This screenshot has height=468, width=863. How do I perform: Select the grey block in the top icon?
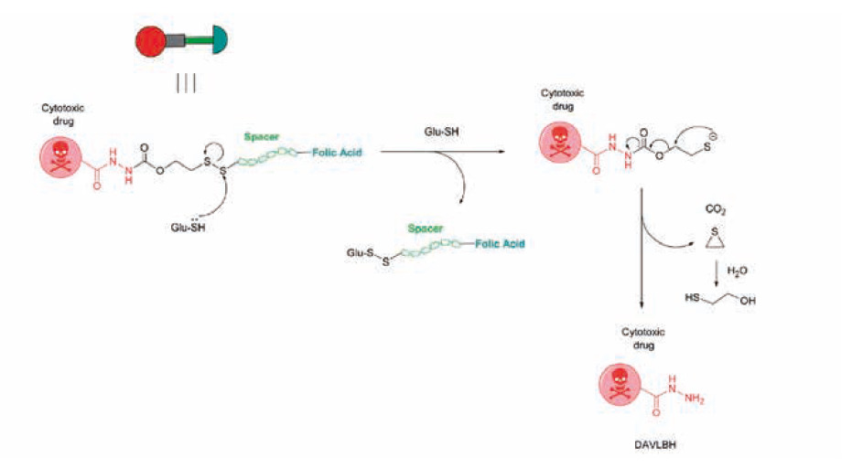(175, 40)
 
